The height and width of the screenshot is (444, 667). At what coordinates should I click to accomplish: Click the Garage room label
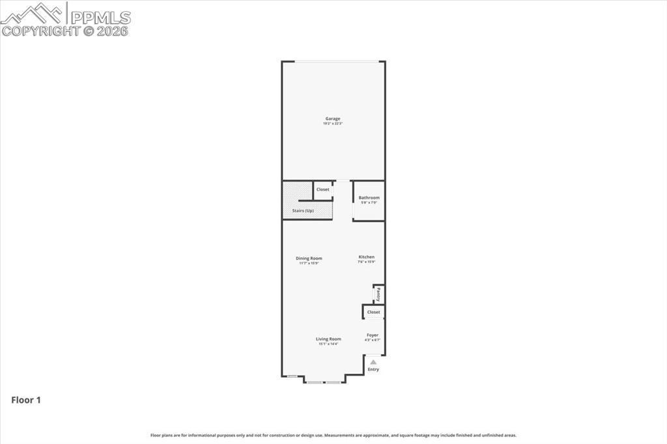click(x=333, y=118)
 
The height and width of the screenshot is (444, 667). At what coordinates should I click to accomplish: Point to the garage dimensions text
click(x=333, y=124)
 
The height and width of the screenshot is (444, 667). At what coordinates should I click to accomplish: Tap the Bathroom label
click(x=369, y=197)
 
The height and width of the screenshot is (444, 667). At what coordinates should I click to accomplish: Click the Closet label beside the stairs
click(x=322, y=189)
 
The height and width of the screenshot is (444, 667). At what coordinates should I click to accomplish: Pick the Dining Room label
click(x=309, y=258)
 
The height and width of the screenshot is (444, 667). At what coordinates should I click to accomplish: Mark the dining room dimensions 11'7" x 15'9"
click(x=309, y=263)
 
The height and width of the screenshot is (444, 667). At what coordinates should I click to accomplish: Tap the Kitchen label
click(x=366, y=257)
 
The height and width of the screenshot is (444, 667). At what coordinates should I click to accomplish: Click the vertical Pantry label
click(x=378, y=294)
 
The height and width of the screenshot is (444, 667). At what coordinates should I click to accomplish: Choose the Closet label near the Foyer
click(x=373, y=312)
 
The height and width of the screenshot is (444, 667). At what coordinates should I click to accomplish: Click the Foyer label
click(x=372, y=335)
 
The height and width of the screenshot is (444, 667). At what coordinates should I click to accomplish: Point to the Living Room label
click(x=328, y=339)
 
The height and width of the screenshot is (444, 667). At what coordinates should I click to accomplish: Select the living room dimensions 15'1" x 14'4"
click(x=328, y=344)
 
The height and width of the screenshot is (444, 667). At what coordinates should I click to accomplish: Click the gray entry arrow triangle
click(x=373, y=361)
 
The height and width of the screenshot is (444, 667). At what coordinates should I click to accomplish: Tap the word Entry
click(x=373, y=369)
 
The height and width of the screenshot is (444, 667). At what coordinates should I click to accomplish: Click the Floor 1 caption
click(x=26, y=400)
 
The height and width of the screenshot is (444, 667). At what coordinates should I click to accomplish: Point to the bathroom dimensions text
click(x=369, y=202)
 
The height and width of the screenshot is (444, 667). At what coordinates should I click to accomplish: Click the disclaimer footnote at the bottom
click(x=333, y=435)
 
